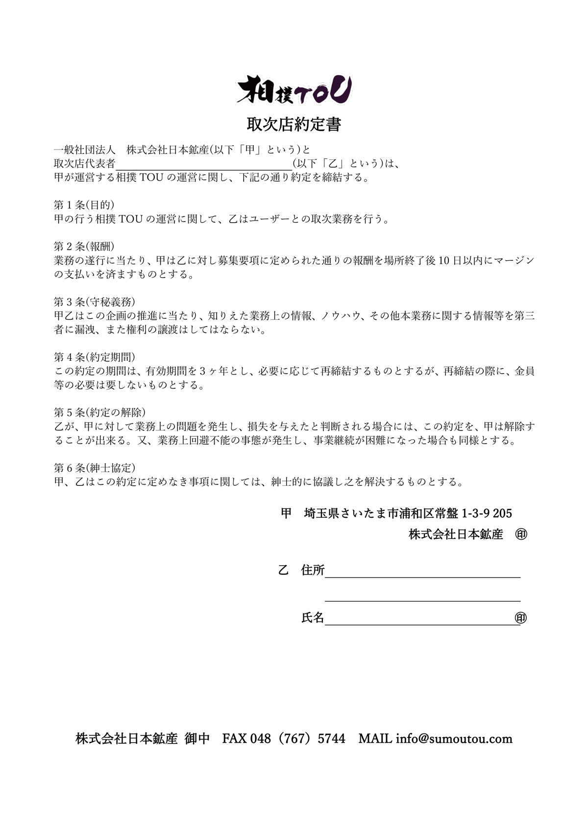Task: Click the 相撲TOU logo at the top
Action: pyautogui.click(x=294, y=90)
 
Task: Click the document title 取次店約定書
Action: pyautogui.click(x=294, y=125)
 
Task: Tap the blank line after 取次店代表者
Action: pyautogui.click(x=203, y=164)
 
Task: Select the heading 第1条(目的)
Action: pyautogui.click(x=84, y=205)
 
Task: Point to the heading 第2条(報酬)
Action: pyautogui.click(x=84, y=246)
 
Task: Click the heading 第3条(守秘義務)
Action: pyautogui.click(x=94, y=302)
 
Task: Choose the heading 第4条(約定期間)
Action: pyautogui.click(x=94, y=357)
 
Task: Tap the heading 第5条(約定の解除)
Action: pyautogui.click(x=99, y=412)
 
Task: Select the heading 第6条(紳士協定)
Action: pyautogui.click(x=94, y=468)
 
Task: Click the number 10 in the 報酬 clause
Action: pyautogui.click(x=444, y=260)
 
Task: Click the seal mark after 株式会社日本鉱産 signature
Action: pyautogui.click(x=521, y=534)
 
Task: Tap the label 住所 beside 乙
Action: pyautogui.click(x=313, y=570)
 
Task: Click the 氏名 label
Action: pyautogui.click(x=313, y=618)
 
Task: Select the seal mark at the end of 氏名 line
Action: pyautogui.click(x=521, y=618)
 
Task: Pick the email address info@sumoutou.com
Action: pyautogui.click(x=454, y=738)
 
